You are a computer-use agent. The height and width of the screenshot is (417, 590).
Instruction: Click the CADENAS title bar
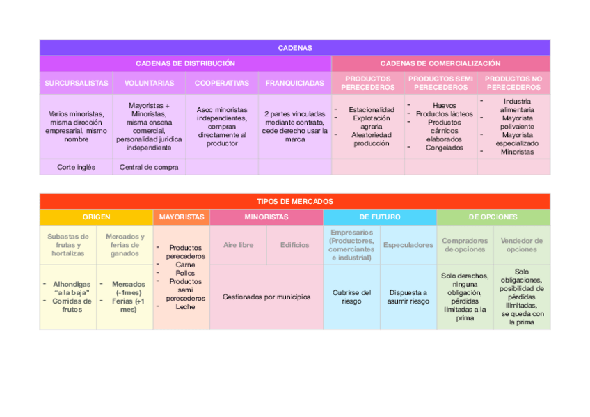tap(294, 48)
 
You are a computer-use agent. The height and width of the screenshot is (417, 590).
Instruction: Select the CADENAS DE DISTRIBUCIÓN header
tap(185, 63)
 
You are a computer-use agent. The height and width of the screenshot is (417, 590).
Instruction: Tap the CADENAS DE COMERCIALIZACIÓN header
tap(440, 63)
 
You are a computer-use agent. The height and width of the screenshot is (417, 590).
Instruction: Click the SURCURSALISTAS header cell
tap(77, 83)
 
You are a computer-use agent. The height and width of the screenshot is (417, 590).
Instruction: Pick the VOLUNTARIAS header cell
tap(149, 83)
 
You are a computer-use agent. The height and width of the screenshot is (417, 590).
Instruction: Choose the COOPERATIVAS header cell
tap(221, 83)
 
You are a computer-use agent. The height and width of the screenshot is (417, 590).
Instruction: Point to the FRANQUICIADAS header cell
tap(294, 83)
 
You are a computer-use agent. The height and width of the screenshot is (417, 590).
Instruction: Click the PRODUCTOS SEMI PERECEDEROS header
tap(440, 83)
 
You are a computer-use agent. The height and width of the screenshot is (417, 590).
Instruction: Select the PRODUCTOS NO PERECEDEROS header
tap(513, 83)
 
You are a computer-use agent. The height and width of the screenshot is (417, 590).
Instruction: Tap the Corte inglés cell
tap(77, 167)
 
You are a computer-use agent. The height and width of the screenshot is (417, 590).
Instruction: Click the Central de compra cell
tap(149, 167)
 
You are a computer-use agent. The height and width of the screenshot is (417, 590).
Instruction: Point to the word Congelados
tap(444, 148)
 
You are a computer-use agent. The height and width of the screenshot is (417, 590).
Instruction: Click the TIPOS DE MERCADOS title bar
tap(294, 201)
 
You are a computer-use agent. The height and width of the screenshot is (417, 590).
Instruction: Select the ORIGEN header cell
tap(96, 217)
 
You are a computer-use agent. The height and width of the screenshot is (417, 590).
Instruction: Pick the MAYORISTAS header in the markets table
tap(181, 217)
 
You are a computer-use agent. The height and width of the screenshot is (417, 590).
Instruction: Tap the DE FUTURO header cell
tap(379, 217)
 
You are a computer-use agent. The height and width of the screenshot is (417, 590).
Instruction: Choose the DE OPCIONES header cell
tap(493, 217)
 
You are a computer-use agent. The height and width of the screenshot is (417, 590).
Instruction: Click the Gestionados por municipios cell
tap(266, 297)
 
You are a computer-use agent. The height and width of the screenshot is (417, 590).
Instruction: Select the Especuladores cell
tap(408, 245)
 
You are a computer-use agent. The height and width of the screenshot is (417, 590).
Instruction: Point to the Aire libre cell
tap(238, 245)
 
